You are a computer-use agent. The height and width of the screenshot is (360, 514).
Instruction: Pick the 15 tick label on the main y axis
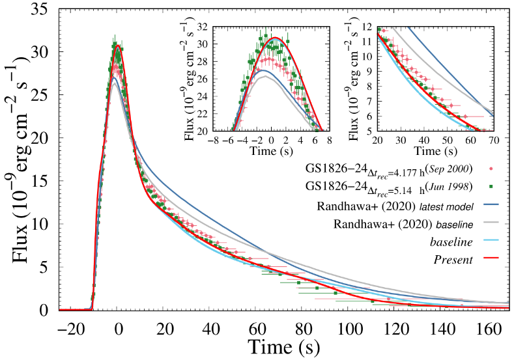41,181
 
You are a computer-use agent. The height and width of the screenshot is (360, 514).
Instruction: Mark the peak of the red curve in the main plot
118,46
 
